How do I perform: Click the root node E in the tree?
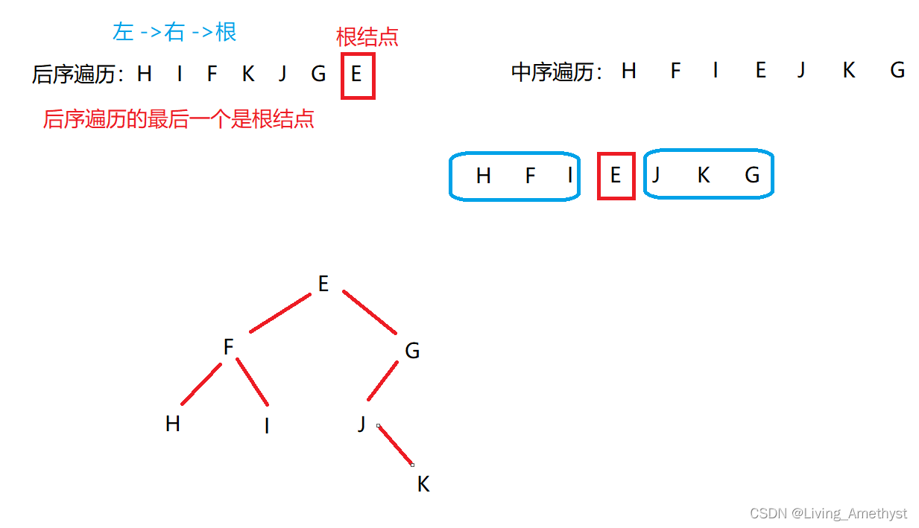pyautogui.click(x=323, y=284)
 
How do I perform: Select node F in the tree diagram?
pyautogui.click(x=229, y=347)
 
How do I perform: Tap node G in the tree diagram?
pyautogui.click(x=412, y=351)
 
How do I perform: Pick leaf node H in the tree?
pyautogui.click(x=173, y=424)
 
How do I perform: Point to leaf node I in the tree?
pyautogui.click(x=266, y=427)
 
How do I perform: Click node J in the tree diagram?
pyautogui.click(x=361, y=424)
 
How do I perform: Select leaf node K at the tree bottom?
pyautogui.click(x=423, y=485)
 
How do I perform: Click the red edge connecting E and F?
pyautogui.click(x=280, y=314)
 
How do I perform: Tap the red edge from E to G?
pyautogui.click(x=370, y=312)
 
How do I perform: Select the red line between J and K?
pyautogui.click(x=396, y=445)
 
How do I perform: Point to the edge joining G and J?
pyautogui.click(x=382, y=381)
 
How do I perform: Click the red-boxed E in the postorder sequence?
pyautogui.click(x=356, y=74)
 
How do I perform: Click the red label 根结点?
pyautogui.click(x=367, y=37)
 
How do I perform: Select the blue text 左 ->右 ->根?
pyautogui.click(x=174, y=31)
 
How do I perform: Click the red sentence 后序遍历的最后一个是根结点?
pyautogui.click(x=179, y=119)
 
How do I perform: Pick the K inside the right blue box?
pyautogui.click(x=703, y=176)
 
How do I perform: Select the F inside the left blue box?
pyautogui.click(x=530, y=176)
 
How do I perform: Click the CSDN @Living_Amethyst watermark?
pyautogui.click(x=828, y=513)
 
